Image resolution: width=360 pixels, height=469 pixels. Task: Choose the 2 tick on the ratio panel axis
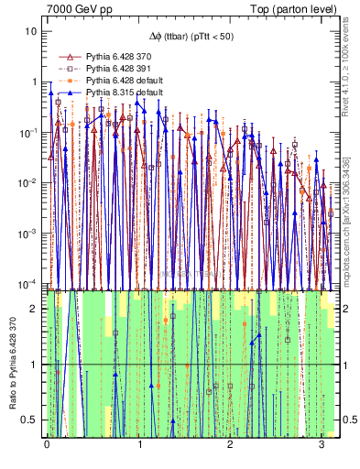(x=36, y=309)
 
